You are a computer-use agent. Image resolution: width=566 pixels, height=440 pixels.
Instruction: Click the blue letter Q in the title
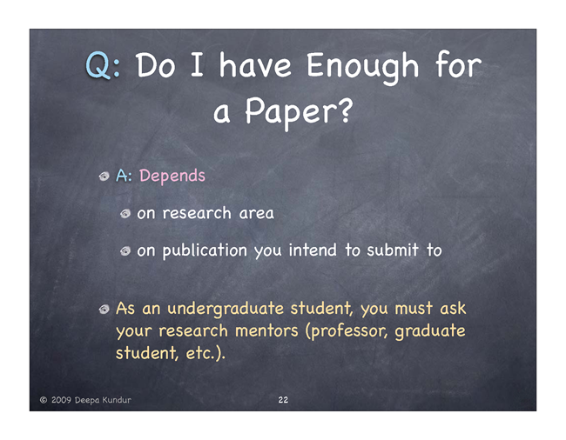pos(98,65)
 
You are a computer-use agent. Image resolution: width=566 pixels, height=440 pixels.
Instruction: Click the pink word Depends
pos(172,176)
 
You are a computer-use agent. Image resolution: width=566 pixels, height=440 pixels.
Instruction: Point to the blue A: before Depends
pos(125,176)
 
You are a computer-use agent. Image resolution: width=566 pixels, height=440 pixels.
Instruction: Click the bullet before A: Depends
pos(104,177)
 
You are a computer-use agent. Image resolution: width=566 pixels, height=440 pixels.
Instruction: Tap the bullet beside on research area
pos(125,214)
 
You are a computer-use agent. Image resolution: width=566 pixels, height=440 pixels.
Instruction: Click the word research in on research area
pos(197,213)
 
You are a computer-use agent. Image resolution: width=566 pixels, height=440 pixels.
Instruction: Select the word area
pos(256,214)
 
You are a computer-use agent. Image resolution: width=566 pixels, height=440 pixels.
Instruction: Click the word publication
pos(205,250)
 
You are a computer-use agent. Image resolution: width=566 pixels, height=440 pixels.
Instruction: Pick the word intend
pos(313,250)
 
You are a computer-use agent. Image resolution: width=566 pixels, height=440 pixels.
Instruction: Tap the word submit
pos(393,250)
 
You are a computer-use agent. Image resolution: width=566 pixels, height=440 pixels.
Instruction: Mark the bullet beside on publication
pos(125,250)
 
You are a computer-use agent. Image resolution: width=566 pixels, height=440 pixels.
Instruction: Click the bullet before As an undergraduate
pos(104,310)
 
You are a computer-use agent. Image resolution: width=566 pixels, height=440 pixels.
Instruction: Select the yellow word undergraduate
pos(226,310)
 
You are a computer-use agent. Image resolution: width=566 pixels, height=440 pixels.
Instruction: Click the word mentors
pos(266,330)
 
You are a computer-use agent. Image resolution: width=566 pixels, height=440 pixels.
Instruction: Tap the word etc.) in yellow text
pos(206,353)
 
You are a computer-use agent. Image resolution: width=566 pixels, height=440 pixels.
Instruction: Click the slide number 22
pos(283,400)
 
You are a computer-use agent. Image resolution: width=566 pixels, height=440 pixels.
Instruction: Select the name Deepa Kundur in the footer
pos(103,400)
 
